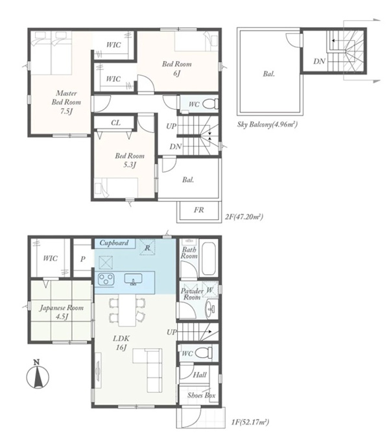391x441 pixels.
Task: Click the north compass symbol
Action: click(38, 375)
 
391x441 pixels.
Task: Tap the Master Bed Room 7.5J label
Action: click(66, 102)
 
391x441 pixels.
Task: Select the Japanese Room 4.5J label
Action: click(62, 312)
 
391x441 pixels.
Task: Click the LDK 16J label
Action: click(121, 343)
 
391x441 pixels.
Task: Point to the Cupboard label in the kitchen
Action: click(114, 243)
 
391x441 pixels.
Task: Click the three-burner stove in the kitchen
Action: click(106, 279)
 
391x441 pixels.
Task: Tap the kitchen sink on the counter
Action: click(134, 280)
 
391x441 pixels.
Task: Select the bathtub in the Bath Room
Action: click(209, 258)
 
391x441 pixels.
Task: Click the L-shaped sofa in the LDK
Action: click(148, 370)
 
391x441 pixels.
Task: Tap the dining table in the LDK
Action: click(127, 310)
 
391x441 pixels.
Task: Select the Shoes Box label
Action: click(201, 396)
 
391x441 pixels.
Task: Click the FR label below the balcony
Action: click(198, 210)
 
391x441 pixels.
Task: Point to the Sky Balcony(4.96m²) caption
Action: click(267, 125)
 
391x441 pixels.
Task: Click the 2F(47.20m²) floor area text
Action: click(244, 217)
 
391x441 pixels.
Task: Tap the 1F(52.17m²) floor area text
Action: click(250, 422)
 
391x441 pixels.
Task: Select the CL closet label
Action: click(115, 123)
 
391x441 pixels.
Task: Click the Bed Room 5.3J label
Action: click(130, 160)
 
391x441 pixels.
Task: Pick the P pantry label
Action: click(82, 259)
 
